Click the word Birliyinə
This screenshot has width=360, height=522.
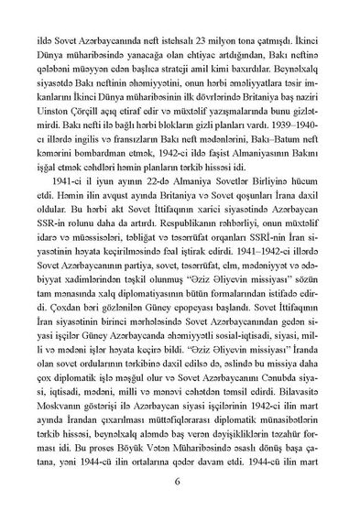[x=275, y=193]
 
